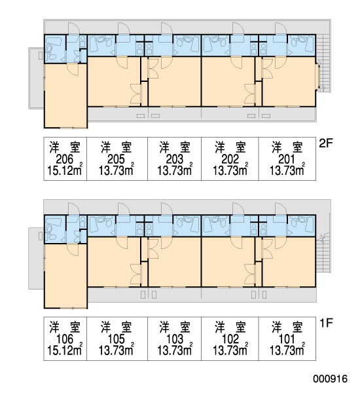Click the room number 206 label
pos(65,159)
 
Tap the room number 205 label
pos(116,159)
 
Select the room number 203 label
pos(175,159)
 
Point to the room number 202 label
pos(230,159)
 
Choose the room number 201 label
pos(287,159)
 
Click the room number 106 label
pos(65,339)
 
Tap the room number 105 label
pos(116,339)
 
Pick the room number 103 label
pos(175,339)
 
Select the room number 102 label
pos(230,339)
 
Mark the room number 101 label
pos(287,339)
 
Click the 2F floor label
pos(326,143)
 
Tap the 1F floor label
pos(326,323)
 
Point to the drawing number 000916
pos(330,379)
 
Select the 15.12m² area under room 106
pos(65,350)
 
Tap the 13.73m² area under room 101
pos(287,350)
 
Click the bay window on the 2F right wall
pos(318,76)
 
